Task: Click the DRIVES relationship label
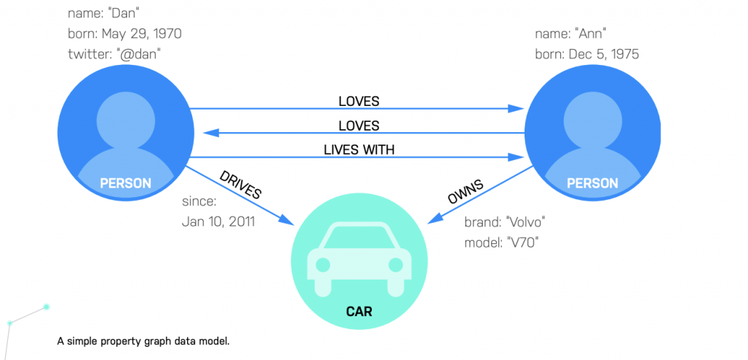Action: pyautogui.click(x=240, y=185)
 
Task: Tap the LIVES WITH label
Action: pyautogui.click(x=359, y=149)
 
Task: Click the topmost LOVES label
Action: pyautogui.click(x=359, y=101)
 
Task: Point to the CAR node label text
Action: pyautogui.click(x=359, y=312)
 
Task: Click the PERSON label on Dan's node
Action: pyautogui.click(x=125, y=183)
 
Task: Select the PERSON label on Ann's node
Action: pyautogui.click(x=592, y=183)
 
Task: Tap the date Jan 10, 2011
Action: pyautogui.click(x=218, y=222)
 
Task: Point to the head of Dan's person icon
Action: pyautogui.click(x=125, y=112)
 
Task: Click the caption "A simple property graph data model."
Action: pyautogui.click(x=143, y=340)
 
